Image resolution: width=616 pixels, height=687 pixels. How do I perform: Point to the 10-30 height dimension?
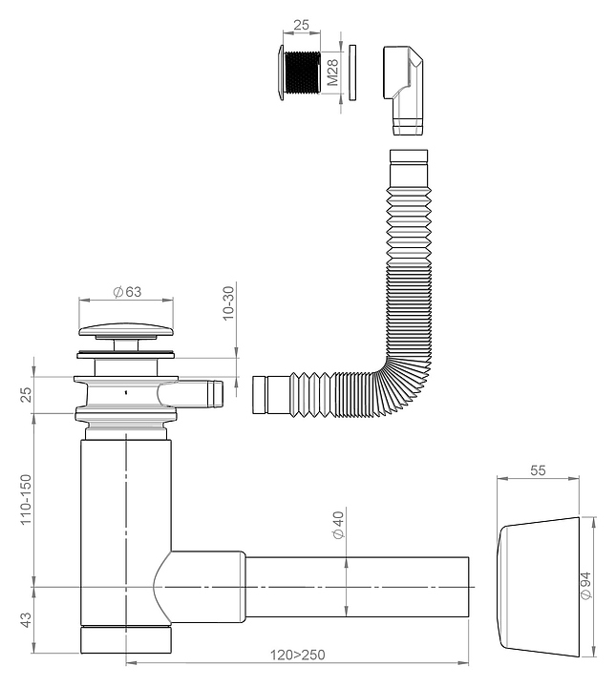pyautogui.click(x=229, y=302)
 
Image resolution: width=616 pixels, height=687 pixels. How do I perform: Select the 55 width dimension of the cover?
pyautogui.click(x=537, y=471)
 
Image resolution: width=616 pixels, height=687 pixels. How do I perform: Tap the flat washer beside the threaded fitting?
pyautogui.click(x=351, y=72)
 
